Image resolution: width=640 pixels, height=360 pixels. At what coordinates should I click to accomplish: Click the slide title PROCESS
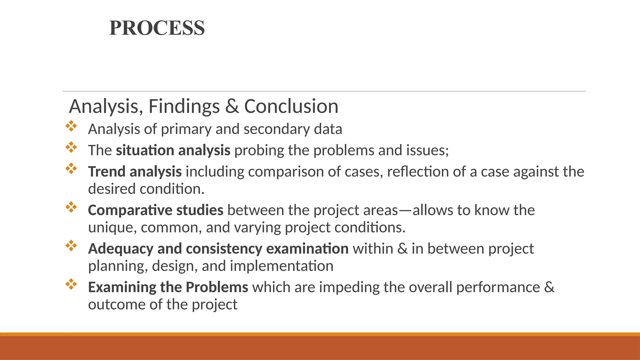click(x=157, y=28)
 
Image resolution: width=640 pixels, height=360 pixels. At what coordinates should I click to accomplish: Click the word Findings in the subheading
click(x=184, y=107)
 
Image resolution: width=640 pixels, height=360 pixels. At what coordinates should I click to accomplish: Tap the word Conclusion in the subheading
click(x=291, y=107)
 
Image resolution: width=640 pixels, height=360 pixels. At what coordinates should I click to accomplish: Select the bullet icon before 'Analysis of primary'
click(x=71, y=126)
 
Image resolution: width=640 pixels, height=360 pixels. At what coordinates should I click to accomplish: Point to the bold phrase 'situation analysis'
click(x=173, y=151)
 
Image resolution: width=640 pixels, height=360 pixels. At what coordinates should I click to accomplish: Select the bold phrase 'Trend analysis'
click(x=135, y=172)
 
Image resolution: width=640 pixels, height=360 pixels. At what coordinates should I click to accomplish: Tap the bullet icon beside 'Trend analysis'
click(x=71, y=168)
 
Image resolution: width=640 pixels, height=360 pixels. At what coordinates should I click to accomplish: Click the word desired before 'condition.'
click(x=112, y=189)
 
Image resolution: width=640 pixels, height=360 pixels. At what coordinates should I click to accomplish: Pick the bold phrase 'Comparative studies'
click(x=156, y=210)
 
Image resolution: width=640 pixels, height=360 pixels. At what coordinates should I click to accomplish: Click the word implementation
click(x=282, y=266)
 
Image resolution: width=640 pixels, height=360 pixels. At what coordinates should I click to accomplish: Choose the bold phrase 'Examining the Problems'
click(x=168, y=287)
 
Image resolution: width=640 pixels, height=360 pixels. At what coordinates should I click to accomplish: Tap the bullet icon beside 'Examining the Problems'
click(x=71, y=284)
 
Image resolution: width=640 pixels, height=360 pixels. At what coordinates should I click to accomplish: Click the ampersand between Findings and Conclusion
click(x=232, y=107)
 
